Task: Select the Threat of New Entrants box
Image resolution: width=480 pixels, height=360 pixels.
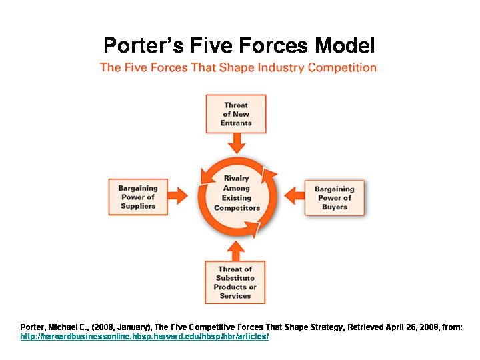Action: click(236, 114)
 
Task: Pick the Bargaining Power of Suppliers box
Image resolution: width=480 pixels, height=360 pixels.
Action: click(138, 197)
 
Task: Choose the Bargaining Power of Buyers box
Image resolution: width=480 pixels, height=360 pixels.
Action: click(335, 198)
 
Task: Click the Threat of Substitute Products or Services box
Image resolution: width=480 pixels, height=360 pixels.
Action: click(236, 283)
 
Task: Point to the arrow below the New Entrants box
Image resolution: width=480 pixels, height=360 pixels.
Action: click(236, 143)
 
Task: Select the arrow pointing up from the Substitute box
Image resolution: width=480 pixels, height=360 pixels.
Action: click(236, 251)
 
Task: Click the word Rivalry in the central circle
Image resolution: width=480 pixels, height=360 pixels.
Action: click(237, 178)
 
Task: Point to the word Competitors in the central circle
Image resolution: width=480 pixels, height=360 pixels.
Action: click(237, 208)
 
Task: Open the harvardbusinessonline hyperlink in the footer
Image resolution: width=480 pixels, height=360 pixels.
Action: click(144, 337)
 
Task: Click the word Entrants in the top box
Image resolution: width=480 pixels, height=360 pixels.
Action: click(237, 123)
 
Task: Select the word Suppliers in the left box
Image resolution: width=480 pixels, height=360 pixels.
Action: click(138, 207)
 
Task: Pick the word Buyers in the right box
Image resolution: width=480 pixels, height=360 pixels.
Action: click(335, 207)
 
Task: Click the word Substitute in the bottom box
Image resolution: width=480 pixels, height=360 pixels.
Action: click(235, 278)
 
